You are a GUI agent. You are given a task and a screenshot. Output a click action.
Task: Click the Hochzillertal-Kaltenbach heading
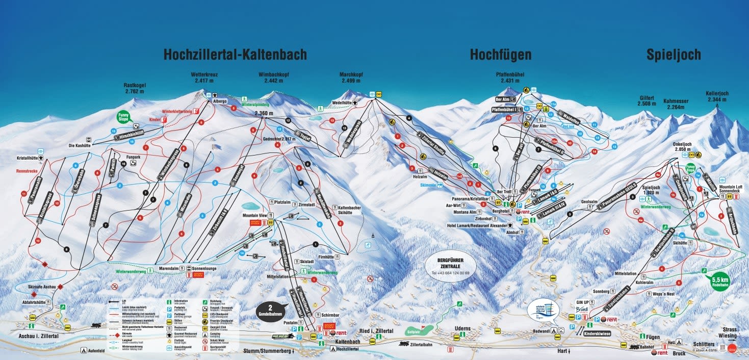pyautogui.click(x=235, y=55)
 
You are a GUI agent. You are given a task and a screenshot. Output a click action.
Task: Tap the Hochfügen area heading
pyautogui.click(x=500, y=55)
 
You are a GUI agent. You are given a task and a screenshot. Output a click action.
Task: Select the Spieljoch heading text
pyautogui.click(x=673, y=55)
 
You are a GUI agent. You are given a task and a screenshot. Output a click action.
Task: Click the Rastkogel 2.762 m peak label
pyautogui.click(x=134, y=88)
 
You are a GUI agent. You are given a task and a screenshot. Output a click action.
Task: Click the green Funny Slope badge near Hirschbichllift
pyautogui.click(x=123, y=117)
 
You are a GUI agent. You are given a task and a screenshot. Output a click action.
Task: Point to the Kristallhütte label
pyautogui.click(x=28, y=158)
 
